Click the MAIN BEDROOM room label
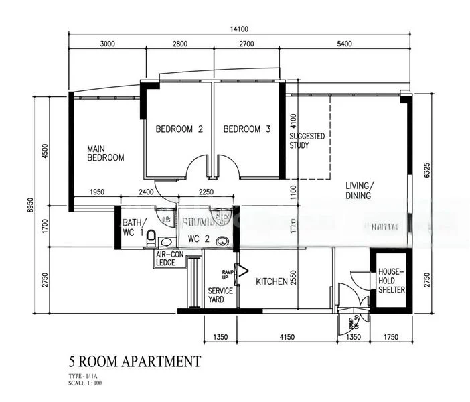[106, 153]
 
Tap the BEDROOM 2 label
[179, 129]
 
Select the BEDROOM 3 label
[246, 129]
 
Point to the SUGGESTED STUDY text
[307, 141]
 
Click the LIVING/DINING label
[360, 190]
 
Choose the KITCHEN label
[272, 282]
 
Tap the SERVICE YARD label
[220, 295]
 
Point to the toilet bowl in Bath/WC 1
[151, 237]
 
